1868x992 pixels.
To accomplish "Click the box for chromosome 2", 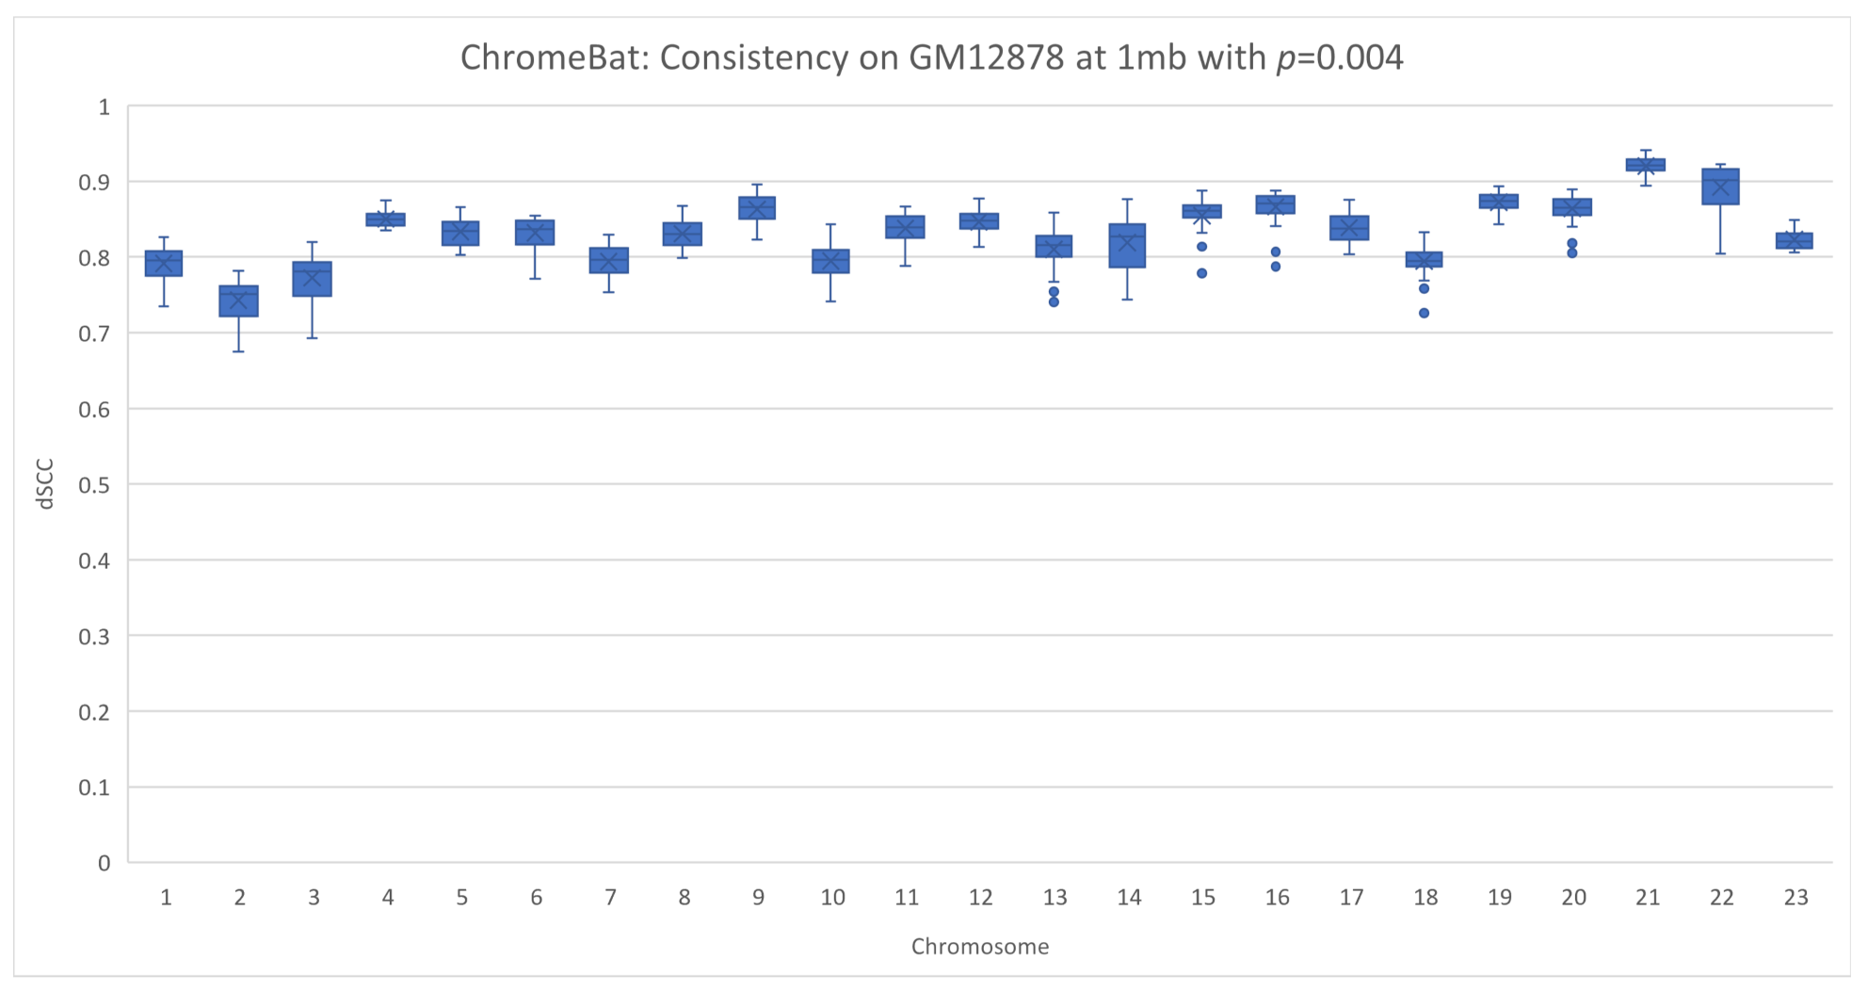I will click(x=239, y=301).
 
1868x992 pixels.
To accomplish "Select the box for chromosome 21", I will click(x=1646, y=165).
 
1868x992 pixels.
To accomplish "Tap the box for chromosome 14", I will click(x=1128, y=246).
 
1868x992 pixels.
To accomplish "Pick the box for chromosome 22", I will click(x=1720, y=187).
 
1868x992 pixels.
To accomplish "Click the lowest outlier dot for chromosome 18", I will click(x=1425, y=313).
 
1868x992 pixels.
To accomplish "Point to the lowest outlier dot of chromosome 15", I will click(x=1202, y=273).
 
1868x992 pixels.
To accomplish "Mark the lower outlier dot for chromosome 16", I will click(x=1276, y=267).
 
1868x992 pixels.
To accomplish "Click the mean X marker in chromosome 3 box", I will click(x=313, y=278).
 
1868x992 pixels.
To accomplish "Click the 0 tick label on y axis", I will click(x=104, y=863).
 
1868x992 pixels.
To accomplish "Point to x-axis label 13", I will click(x=1055, y=898).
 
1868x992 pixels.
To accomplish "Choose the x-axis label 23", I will click(x=1796, y=898).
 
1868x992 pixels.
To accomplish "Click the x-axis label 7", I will click(x=610, y=898).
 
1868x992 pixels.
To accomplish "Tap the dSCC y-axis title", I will click(x=44, y=484).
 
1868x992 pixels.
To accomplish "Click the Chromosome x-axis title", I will click(x=979, y=947).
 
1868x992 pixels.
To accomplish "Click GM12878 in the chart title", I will click(x=986, y=57).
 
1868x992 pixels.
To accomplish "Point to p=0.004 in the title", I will click(x=1339, y=57).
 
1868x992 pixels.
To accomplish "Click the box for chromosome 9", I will click(x=757, y=208).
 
